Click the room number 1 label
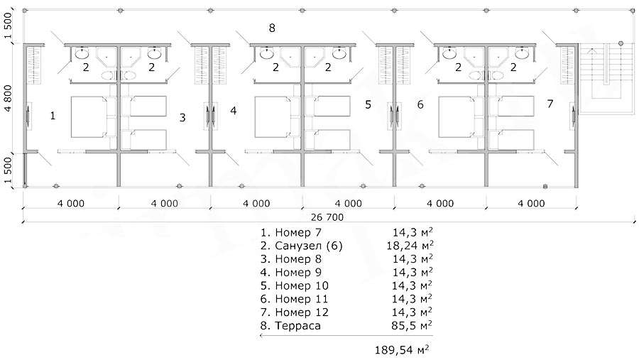click(53, 116)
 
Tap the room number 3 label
click(182, 117)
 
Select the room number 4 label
click(233, 111)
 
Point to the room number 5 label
click(368, 105)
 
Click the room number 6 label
click(420, 105)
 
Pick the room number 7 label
click(550, 104)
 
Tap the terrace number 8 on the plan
click(272, 28)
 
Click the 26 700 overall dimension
click(327, 217)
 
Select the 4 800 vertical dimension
click(8, 98)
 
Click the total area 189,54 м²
click(401, 349)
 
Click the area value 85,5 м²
click(412, 325)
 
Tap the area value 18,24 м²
click(410, 246)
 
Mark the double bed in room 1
click(89, 117)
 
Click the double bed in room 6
click(457, 117)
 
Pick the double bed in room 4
click(273, 117)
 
